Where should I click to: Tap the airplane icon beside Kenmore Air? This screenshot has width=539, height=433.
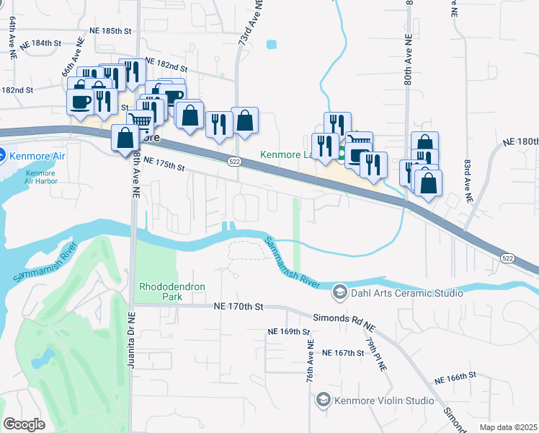(x=2, y=154)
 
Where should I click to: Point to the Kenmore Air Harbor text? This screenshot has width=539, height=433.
(x=40, y=177)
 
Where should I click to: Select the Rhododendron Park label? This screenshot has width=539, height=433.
(x=171, y=292)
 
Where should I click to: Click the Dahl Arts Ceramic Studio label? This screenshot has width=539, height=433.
(x=406, y=292)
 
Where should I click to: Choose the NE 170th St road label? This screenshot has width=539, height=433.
(x=241, y=306)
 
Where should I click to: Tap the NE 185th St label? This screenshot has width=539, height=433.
(x=111, y=32)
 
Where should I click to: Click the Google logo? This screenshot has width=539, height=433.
(x=24, y=424)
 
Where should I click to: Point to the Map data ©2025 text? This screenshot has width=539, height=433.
(x=508, y=427)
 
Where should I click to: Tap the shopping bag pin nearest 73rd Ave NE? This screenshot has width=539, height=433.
(x=245, y=121)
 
